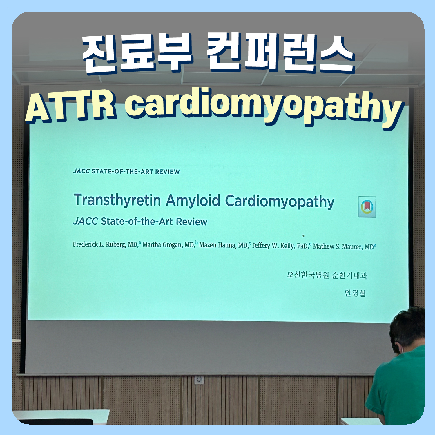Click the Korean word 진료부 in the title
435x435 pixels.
coord(137,53)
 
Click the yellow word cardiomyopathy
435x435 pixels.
coord(264,108)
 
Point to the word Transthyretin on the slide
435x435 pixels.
coord(117,200)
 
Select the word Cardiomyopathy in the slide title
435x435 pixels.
coord(280,202)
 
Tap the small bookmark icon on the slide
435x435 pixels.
coord(367,207)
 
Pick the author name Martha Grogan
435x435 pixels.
coord(168,245)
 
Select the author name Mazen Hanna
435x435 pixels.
coord(223,245)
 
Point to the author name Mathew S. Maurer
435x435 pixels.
coord(343,247)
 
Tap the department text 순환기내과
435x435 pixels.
coord(349,275)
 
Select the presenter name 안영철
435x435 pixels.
coord(355,293)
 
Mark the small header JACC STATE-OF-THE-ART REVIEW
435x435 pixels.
coord(126,171)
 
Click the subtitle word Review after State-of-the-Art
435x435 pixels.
coord(192,222)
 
